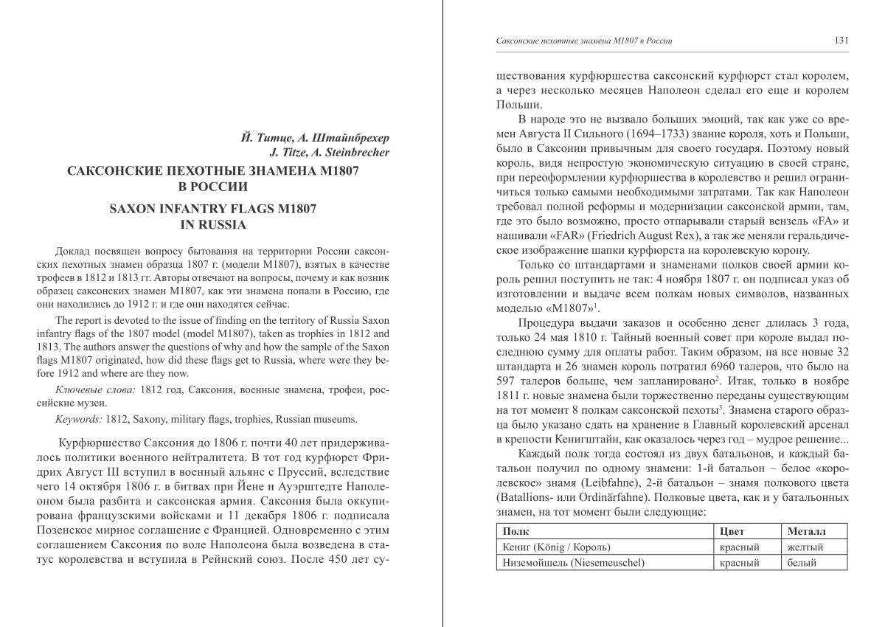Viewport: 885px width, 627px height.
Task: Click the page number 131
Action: pos(839,41)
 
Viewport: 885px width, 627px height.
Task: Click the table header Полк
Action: pos(514,531)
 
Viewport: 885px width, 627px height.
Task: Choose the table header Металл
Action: pos(808,531)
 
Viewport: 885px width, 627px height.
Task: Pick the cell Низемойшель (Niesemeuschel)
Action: pos(573,564)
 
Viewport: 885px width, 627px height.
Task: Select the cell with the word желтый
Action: pos(805,547)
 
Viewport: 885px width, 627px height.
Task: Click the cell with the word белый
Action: pos(802,564)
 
